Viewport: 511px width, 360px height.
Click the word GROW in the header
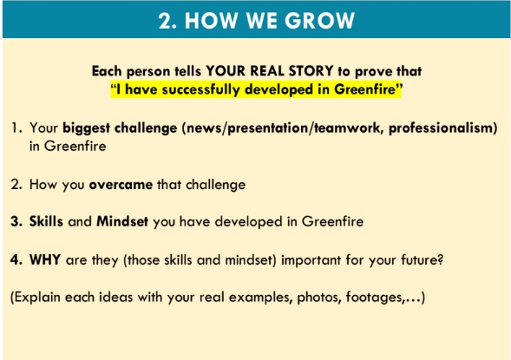click(x=320, y=21)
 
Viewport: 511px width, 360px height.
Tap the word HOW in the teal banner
click(x=211, y=21)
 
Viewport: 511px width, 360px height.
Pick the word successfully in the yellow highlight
click(x=200, y=89)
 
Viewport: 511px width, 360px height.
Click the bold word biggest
click(x=86, y=128)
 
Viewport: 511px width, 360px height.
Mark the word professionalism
click(x=441, y=128)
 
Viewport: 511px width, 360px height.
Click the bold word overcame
click(x=121, y=185)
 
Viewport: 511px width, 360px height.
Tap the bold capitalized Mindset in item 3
click(x=122, y=221)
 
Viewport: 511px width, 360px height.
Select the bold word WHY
click(x=45, y=260)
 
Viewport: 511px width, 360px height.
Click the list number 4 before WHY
click(x=16, y=260)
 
